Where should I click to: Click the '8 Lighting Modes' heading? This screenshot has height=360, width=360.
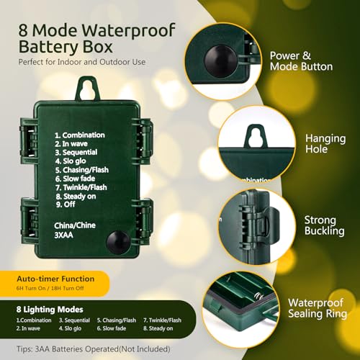coord(49,308)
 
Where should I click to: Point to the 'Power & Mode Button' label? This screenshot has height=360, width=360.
coord(301,60)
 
